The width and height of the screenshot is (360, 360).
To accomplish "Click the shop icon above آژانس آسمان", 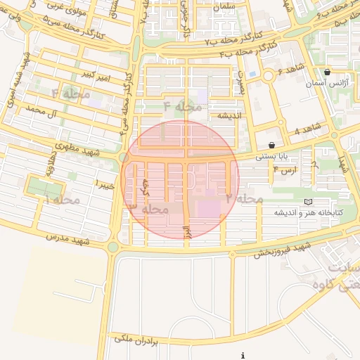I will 328,72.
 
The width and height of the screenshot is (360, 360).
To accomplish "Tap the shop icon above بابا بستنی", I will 271,145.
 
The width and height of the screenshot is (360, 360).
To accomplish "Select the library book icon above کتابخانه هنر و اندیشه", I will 307,202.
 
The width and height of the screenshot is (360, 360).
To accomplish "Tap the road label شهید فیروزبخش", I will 282,250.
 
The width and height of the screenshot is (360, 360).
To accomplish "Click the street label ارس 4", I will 285,169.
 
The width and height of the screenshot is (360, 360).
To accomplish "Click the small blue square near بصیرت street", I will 252,74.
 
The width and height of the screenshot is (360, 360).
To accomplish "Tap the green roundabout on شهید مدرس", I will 112,247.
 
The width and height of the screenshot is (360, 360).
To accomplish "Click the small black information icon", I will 243,356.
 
